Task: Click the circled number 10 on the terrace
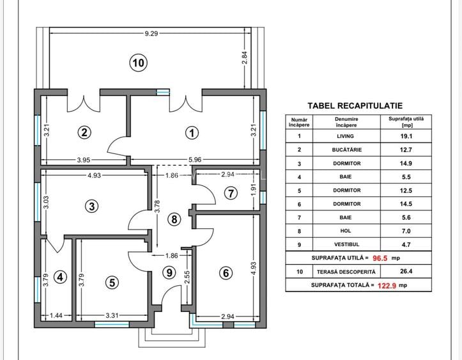pos(139,63)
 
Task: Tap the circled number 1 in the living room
pos(190,133)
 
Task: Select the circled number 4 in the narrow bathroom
pos(60,277)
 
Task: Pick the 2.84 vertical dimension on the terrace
pos(244,59)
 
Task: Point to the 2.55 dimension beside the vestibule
pos(186,279)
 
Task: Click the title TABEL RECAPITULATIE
pos(355,106)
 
